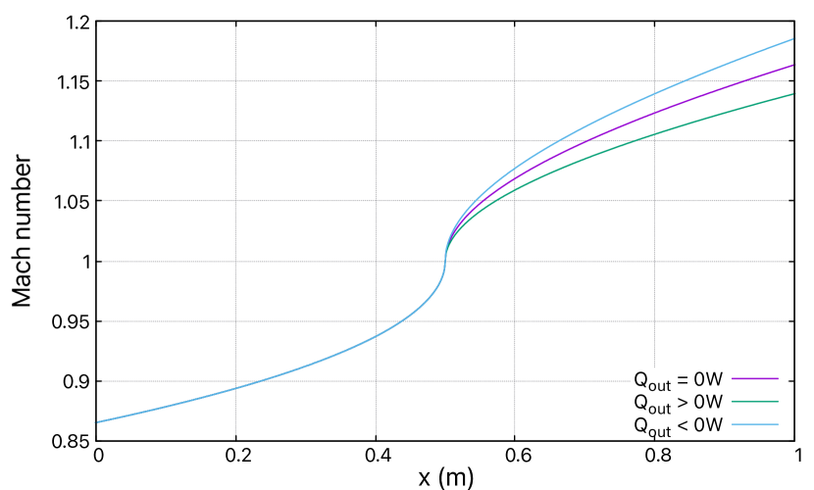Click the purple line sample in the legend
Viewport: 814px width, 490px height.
pos(754,378)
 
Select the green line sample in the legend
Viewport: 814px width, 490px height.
pos(754,401)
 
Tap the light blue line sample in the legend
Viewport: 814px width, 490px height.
pos(754,424)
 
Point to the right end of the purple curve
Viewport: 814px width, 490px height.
pos(793,66)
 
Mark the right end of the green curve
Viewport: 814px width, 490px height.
pos(793,94)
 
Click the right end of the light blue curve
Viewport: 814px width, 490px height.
pos(793,39)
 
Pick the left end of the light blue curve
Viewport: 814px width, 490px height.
pos(95,422)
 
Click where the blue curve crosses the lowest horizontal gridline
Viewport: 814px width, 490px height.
pos(257,381)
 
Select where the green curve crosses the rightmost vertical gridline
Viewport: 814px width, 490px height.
pos(654,134)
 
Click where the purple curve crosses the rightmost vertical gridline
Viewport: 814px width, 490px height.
pos(654,114)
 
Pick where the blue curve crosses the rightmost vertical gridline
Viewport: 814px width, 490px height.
pos(654,94)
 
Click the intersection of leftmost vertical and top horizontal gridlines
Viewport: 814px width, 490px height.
pos(235,81)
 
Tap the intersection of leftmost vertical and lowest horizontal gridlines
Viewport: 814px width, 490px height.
pos(235,381)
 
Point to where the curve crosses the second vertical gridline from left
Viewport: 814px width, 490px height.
pos(376,337)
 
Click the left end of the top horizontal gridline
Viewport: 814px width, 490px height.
pos(102,81)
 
